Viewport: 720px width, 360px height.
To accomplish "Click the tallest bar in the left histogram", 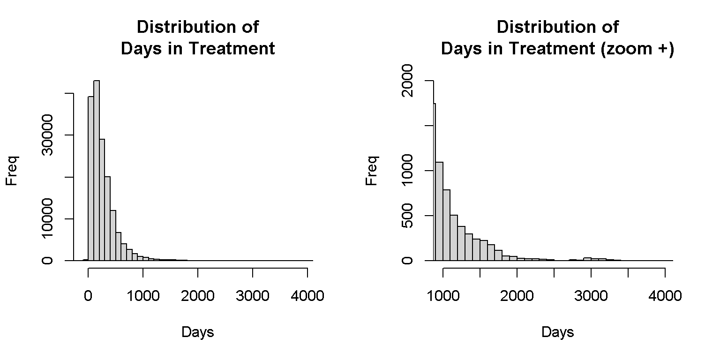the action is pos(97,170).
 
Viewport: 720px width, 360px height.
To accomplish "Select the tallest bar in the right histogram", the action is pos(435,182).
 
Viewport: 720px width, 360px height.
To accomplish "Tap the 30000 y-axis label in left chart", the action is pos(47,135).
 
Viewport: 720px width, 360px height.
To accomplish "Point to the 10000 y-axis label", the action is pos(47,218).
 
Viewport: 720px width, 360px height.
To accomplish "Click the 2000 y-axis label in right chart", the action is pos(407,81).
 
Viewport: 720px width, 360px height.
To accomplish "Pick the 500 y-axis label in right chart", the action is pos(407,216).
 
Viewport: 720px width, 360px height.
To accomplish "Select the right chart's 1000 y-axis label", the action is pos(407,170).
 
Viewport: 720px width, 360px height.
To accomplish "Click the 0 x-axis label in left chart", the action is pos(88,296).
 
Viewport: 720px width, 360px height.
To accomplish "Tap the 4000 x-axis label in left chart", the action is pos(307,296).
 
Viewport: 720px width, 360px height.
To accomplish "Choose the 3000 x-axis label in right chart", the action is pos(591,296).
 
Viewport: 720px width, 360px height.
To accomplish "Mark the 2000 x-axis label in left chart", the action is pos(198,296).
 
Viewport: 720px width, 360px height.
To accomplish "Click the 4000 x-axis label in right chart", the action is pos(665,296).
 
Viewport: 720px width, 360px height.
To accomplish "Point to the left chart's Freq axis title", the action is pos(12,171).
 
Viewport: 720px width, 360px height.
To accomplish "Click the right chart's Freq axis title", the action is pos(372,171).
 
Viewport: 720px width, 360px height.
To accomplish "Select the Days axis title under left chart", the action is pos(198,332).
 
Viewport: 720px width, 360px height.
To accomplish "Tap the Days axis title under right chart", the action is pos(558,332).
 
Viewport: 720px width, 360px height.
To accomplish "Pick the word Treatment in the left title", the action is pos(232,49).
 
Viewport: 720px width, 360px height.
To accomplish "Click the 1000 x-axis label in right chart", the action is pos(443,296).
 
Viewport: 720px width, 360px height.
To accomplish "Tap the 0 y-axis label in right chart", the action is pos(407,260).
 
